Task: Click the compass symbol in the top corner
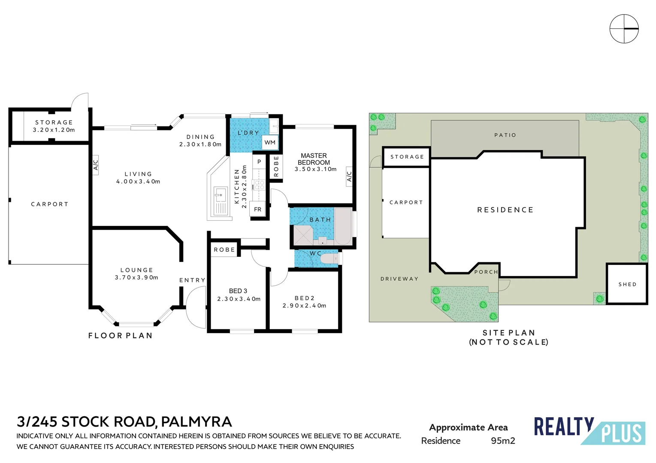pos(624,29)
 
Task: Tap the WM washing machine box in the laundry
pos(270,142)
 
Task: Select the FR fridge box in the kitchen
pos(257,209)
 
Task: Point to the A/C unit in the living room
pos(96,165)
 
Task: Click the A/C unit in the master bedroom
pos(349,176)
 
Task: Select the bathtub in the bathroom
pos(343,226)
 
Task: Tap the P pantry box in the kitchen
pos(259,162)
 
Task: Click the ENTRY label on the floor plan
pos(192,280)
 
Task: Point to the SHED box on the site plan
pos(627,284)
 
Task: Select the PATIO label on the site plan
pos(505,135)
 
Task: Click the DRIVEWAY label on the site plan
pos(399,279)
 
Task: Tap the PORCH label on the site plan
pos(486,272)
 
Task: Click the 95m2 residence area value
pos(503,441)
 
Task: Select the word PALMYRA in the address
pos(196,422)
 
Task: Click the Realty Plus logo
pos(589,430)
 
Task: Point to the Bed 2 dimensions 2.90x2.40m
pos(304,306)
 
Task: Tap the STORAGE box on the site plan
pos(407,157)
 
